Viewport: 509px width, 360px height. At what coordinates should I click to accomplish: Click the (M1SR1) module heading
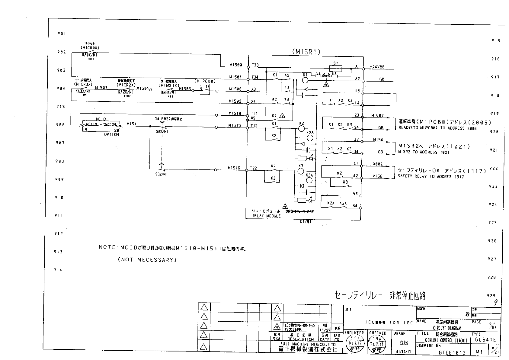tap(306, 52)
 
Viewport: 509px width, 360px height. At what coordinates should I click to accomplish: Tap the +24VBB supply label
tap(377, 67)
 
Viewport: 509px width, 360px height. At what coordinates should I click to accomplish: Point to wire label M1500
tap(235, 65)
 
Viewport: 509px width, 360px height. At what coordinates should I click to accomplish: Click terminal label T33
tap(255, 65)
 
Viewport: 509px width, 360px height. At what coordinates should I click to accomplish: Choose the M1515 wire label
tap(234, 125)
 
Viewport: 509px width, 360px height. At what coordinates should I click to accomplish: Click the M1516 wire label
tap(234, 168)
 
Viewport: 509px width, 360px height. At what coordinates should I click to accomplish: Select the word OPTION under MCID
tap(111, 135)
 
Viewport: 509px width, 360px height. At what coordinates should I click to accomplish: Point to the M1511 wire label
tap(133, 124)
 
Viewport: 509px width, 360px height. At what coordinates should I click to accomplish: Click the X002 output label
tap(378, 164)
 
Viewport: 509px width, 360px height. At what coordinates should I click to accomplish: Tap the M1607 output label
tap(377, 115)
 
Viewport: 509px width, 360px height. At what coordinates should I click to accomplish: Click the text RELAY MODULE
tap(266, 216)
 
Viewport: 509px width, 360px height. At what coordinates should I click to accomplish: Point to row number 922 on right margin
tap(493, 168)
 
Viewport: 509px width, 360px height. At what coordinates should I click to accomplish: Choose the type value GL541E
tap(485, 339)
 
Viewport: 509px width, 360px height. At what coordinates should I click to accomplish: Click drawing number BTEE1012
tap(452, 352)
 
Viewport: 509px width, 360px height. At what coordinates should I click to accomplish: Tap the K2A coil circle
tap(310, 137)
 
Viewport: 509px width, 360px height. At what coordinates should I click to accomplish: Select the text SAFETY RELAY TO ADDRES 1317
tap(431, 176)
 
